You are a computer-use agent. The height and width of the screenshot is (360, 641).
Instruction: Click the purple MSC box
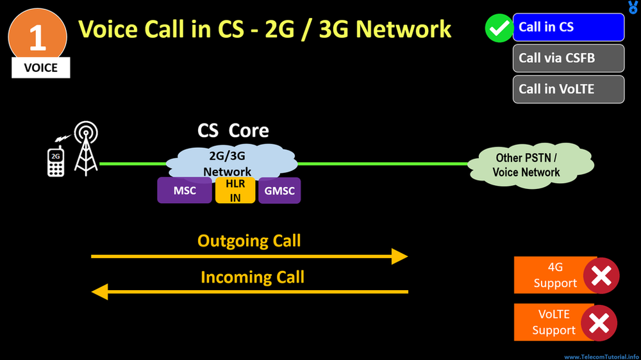185,190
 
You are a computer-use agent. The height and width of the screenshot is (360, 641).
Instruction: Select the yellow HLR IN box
235,190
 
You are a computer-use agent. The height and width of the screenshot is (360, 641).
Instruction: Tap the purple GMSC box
279,190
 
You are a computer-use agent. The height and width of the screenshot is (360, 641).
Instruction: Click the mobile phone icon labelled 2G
56,161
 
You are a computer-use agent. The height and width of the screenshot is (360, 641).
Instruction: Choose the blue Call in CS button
569,27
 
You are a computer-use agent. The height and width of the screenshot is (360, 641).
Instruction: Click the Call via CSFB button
569,58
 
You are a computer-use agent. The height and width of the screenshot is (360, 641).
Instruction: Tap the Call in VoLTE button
569,89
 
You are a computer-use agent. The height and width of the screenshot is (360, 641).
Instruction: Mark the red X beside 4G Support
601,275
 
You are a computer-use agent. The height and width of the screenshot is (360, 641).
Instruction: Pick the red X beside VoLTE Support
599,323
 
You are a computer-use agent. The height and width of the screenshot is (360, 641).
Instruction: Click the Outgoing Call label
249,241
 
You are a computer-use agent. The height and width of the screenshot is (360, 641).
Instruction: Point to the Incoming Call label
252,277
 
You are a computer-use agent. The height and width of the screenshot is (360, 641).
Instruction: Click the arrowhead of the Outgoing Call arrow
400,256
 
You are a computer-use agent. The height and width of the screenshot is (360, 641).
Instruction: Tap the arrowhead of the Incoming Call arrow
99,292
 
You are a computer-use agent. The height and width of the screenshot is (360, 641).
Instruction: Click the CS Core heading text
233,131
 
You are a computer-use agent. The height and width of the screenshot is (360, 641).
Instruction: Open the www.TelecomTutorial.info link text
601,356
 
